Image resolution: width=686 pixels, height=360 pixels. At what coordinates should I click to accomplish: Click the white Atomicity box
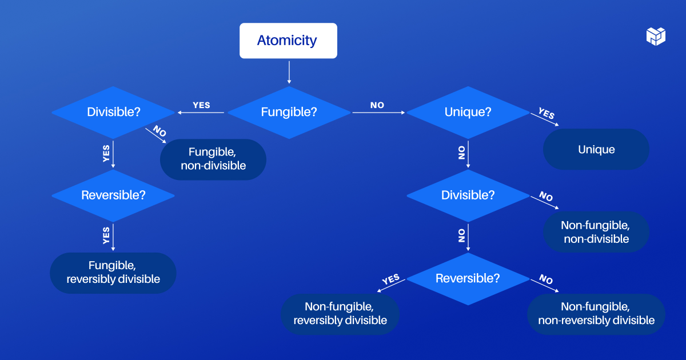point(288,41)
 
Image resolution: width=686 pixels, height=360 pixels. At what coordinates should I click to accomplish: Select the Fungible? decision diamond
point(289,112)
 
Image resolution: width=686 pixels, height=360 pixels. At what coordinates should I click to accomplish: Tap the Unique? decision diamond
point(468,112)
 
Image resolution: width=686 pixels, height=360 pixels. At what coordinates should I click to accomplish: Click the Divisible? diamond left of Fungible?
point(113,112)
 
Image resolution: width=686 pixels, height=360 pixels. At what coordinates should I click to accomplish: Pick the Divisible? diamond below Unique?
point(468,195)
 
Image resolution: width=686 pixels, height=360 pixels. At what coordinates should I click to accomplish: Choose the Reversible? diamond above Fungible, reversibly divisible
point(113,195)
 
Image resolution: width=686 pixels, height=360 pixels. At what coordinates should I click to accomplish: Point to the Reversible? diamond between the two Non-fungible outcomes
point(468,279)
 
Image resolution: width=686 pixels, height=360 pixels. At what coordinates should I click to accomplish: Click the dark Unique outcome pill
point(596,149)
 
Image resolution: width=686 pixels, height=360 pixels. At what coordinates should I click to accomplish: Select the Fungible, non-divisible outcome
point(213,159)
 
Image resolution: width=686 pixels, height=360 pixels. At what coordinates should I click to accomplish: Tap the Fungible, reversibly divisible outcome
point(113,273)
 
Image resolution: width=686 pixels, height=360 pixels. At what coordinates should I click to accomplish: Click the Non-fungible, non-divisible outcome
point(596,232)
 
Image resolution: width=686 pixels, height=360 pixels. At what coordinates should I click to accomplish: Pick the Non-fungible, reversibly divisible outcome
point(340,314)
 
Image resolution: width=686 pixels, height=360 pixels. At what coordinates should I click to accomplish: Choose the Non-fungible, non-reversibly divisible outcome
point(596,314)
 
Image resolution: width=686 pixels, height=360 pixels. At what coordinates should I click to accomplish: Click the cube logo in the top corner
point(656,35)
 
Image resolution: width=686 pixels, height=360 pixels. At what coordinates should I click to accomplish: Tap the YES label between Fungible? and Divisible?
point(201,105)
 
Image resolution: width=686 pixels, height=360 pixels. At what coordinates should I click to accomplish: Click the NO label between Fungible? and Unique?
point(377,105)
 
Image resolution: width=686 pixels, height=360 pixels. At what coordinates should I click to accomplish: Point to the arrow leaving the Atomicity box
point(289,72)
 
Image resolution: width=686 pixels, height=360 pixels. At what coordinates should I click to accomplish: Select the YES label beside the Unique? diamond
point(547,114)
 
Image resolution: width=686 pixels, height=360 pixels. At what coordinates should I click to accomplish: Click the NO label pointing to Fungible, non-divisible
point(159,131)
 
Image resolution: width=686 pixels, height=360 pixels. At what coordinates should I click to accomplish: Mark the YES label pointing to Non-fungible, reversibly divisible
point(390,279)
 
